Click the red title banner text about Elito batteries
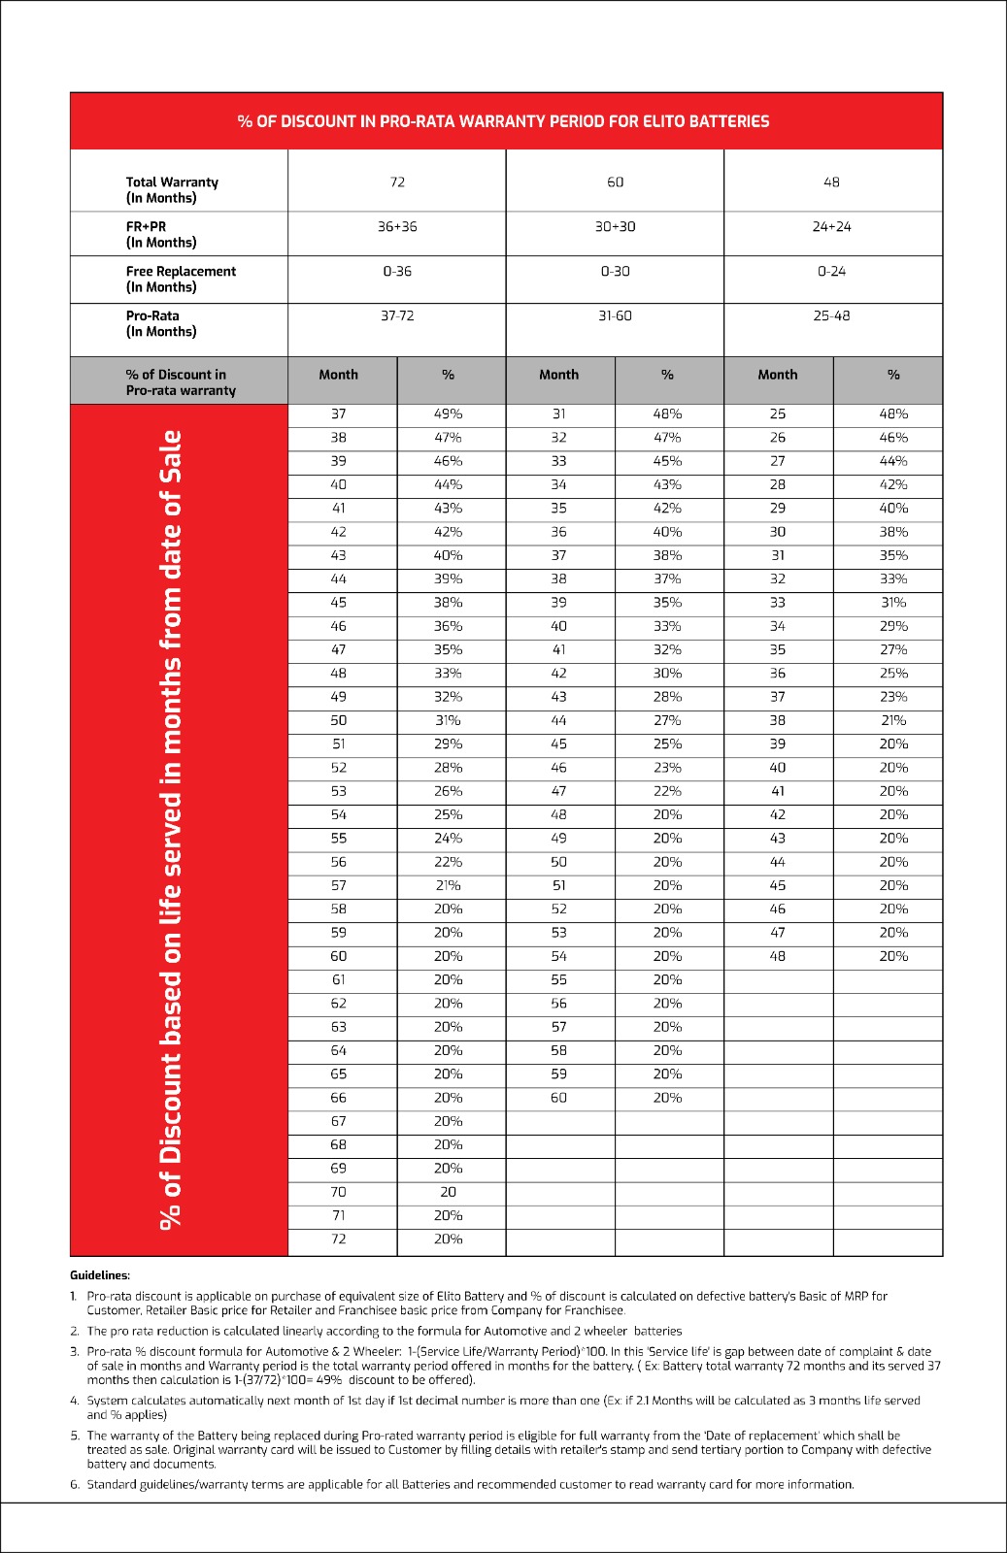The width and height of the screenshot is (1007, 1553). pos(503,121)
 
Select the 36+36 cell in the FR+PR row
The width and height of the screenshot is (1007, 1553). pos(397,226)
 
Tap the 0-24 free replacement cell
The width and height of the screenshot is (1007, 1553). pos(831,271)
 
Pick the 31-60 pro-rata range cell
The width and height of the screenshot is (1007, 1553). pos(615,315)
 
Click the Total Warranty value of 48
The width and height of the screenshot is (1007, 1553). pos(831,182)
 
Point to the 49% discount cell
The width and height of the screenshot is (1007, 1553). pos(448,413)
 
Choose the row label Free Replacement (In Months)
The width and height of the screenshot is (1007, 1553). pos(181,279)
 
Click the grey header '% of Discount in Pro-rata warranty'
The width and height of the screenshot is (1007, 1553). pos(181,381)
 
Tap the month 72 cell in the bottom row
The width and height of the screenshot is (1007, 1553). pos(338,1239)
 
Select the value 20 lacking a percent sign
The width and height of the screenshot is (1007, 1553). pos(448,1192)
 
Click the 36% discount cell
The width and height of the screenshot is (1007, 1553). pos(448,626)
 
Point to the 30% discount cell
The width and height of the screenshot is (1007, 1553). pos(667,673)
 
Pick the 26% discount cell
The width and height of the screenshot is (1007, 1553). pos(448,791)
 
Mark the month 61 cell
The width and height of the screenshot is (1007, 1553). pos(338,979)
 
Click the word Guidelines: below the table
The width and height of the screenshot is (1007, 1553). pos(100,1275)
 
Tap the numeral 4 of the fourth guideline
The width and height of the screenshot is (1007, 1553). pos(75,1401)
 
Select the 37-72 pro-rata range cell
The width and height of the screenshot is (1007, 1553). pos(397,315)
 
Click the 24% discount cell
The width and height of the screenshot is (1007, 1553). pos(448,838)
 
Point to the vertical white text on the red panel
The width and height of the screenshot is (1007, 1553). pos(171,830)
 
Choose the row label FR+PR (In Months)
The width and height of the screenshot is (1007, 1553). pos(161,234)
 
